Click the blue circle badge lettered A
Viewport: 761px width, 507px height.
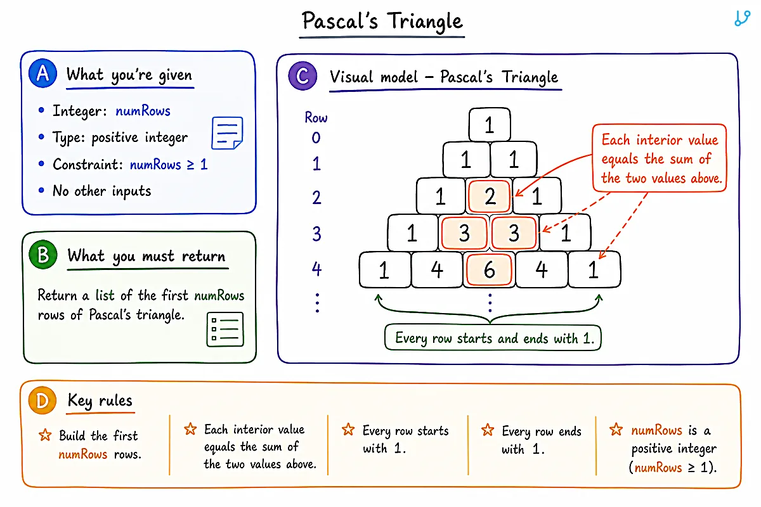43,73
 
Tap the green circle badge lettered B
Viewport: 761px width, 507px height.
43,254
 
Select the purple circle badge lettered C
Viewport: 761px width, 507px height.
302,75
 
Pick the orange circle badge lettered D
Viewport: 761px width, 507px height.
42,400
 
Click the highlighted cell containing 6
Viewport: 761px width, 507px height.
489,269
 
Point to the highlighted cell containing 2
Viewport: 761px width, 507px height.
489,196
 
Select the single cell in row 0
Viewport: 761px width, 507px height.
490,124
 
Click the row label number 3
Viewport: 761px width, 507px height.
316,234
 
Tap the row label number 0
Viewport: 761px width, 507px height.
316,138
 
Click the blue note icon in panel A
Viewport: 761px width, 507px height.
227,133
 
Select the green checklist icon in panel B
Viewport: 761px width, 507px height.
225,330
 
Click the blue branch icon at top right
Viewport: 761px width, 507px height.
742,18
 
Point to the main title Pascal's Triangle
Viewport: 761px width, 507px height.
382,21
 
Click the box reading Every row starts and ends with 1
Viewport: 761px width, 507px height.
493,338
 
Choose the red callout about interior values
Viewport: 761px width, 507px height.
660,158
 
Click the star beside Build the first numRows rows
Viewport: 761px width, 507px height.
45,435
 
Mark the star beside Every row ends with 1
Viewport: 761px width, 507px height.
488,430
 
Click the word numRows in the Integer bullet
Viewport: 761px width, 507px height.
143,111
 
